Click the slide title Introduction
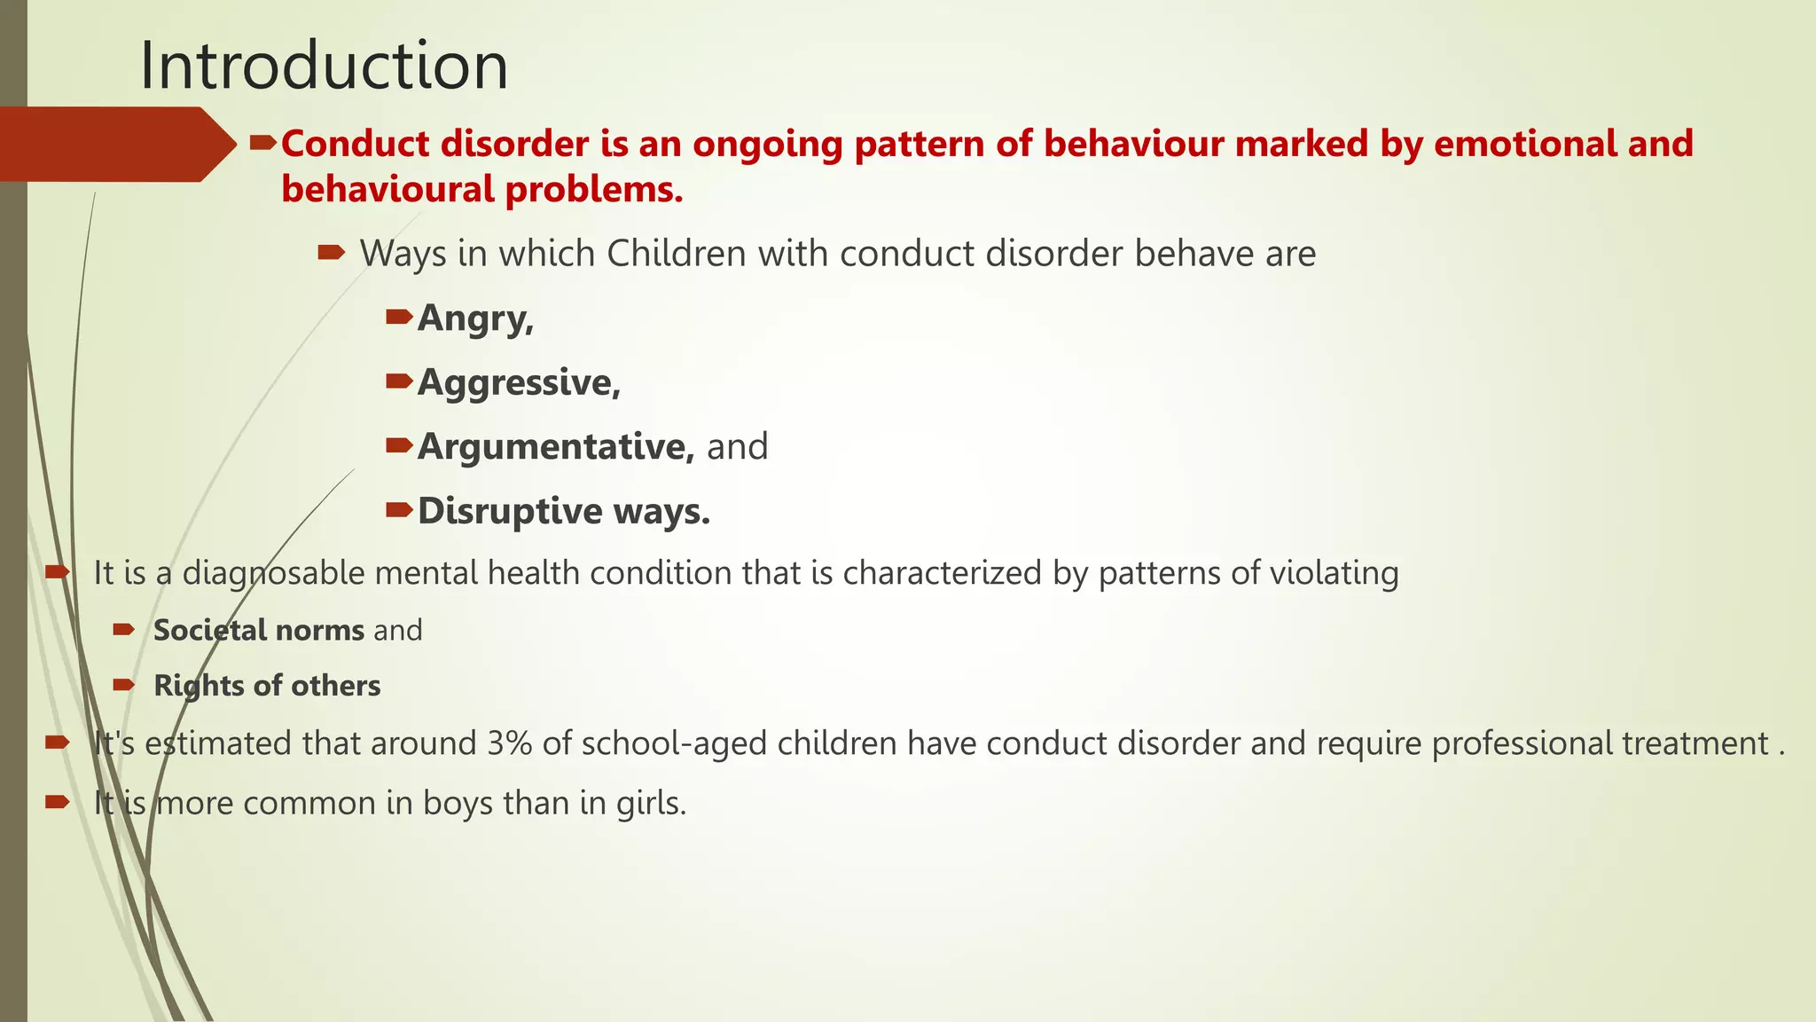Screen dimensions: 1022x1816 click(324, 66)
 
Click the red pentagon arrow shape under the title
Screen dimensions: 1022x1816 click(115, 145)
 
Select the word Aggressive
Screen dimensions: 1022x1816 click(516, 383)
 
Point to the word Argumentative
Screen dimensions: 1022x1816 click(554, 447)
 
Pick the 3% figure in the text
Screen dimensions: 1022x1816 click(509, 743)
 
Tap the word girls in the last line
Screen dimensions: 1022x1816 click(651, 803)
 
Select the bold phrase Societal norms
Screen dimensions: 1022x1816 click(258, 631)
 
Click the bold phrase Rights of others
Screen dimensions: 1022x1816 click(267, 686)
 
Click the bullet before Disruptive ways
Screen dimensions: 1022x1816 click(399, 510)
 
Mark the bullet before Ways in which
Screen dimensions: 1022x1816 click(331, 254)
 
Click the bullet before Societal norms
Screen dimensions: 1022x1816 click(123, 630)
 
